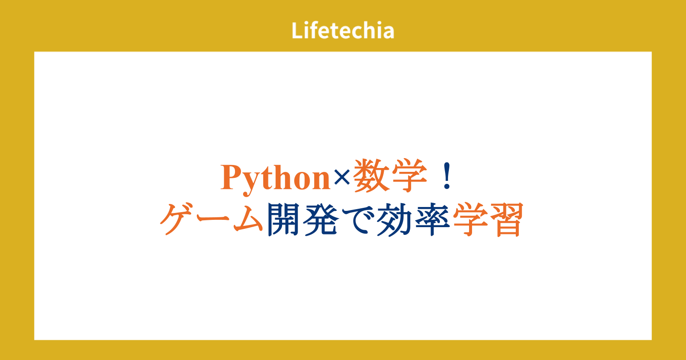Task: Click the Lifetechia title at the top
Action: (343, 30)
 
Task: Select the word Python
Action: (275, 179)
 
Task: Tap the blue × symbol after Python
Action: (342, 177)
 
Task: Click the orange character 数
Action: (372, 176)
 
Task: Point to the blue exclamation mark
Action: (447, 176)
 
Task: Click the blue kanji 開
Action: (283, 219)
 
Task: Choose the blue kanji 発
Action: (321, 219)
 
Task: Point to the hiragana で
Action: (358, 219)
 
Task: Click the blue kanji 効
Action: (395, 220)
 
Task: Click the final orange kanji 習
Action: (507, 219)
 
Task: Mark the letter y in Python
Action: (253, 183)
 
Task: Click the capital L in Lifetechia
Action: (298, 30)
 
